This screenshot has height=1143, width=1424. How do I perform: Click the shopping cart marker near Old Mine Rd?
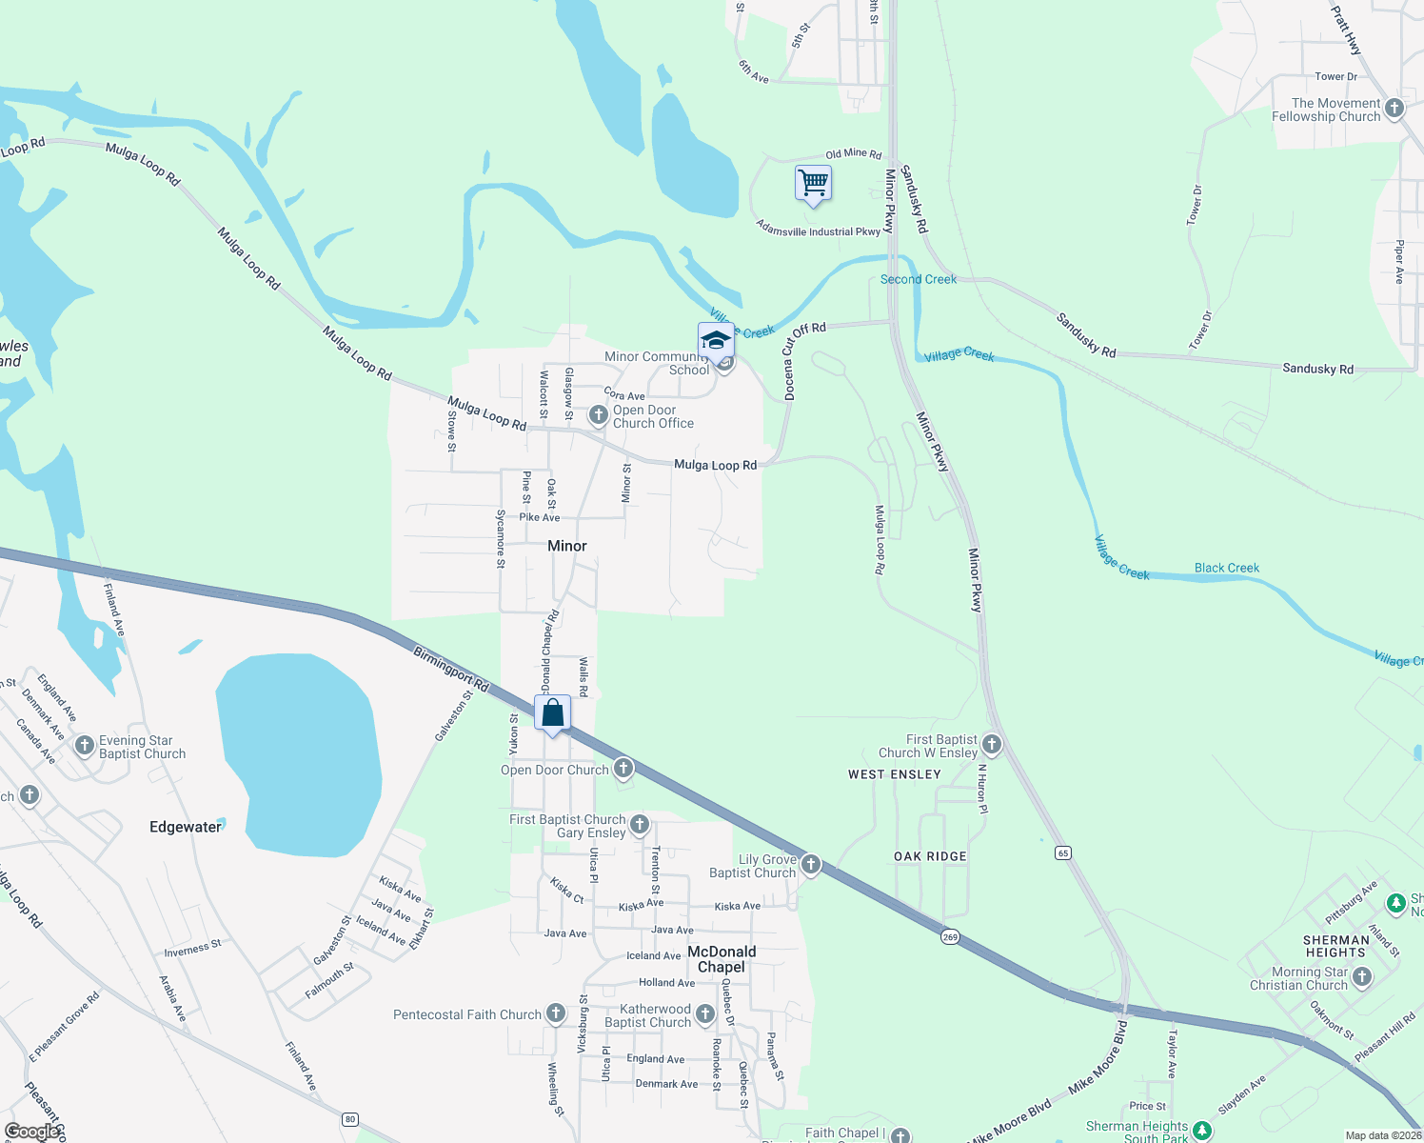813,182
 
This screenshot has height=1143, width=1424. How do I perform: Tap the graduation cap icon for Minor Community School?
716,340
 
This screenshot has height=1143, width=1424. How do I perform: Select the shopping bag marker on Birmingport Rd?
552,712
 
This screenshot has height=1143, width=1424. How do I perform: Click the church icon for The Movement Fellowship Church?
1394,109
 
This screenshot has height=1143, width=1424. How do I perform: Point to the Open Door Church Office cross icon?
598,415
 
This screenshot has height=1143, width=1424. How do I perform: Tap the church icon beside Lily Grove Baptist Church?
811,864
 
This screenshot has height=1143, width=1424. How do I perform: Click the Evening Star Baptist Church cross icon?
85,745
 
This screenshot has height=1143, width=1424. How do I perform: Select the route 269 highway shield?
950,936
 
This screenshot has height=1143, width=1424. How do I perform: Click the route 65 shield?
1063,852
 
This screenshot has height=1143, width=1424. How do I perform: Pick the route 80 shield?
350,1119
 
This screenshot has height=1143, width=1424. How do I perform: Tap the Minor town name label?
567,546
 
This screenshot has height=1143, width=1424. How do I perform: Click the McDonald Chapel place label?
722,959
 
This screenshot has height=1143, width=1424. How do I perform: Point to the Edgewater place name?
185,827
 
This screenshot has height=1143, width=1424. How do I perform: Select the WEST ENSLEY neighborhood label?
895,774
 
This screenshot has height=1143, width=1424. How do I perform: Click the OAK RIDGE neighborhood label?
930,856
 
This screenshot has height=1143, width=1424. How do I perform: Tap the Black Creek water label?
1227,568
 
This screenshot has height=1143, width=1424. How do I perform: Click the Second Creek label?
919,279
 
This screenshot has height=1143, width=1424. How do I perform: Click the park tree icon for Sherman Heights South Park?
1202,1130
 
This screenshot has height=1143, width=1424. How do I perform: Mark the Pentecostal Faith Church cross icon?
556,1013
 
